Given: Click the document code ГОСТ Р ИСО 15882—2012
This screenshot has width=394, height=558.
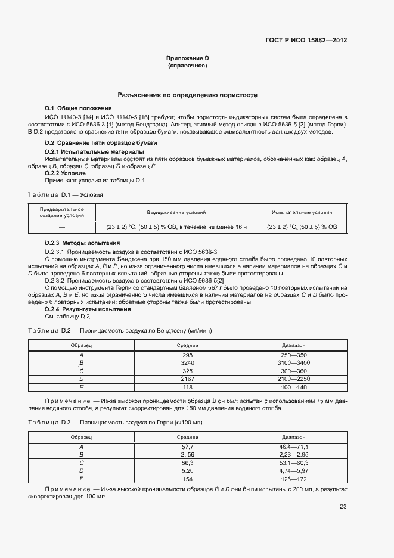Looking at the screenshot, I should pos(306,41).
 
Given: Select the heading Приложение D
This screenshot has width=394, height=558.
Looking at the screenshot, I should pos(187,58).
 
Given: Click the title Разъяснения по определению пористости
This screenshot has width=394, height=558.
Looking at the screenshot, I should pos(187,95).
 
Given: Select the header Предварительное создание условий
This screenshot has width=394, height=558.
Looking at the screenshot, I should pos(62,212).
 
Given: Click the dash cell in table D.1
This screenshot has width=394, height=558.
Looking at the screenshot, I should pos(62,227).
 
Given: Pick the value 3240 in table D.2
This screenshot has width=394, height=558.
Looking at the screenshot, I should pos(188,362).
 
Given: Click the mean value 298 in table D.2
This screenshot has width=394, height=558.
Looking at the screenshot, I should pos(188,355).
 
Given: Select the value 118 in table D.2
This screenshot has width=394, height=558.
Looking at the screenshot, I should pos(188,387).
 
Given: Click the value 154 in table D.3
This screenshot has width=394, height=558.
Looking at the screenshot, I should pos(188,478).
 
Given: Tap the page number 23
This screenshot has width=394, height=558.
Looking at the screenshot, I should pos(343,507).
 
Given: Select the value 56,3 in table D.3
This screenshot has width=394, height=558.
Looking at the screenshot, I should pos(188,462).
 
